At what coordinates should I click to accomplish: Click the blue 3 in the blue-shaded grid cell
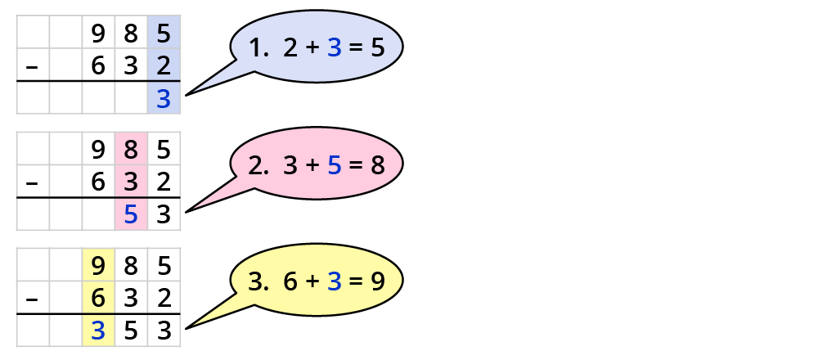(x=164, y=100)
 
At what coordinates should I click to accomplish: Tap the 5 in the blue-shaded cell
(x=164, y=34)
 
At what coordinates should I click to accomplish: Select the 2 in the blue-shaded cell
(x=164, y=66)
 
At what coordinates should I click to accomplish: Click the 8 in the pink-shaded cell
(x=131, y=151)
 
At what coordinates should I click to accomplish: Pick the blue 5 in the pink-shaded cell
(x=131, y=216)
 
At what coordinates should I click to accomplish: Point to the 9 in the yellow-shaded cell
(x=98, y=267)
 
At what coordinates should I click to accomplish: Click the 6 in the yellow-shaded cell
(x=98, y=299)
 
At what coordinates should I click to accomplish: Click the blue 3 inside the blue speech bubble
(x=334, y=49)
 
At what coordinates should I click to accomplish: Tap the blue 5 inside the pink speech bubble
(x=334, y=166)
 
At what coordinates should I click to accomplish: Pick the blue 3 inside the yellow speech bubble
(x=334, y=283)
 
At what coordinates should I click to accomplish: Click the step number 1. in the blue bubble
(x=260, y=49)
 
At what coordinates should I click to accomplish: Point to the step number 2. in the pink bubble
(x=259, y=166)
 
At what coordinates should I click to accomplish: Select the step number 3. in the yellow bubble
(x=259, y=283)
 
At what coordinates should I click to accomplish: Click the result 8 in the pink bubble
(x=377, y=166)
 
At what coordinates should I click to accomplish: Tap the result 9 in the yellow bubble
(x=377, y=283)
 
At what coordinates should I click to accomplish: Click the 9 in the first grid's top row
(x=98, y=34)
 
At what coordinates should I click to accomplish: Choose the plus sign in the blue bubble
(x=312, y=49)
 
